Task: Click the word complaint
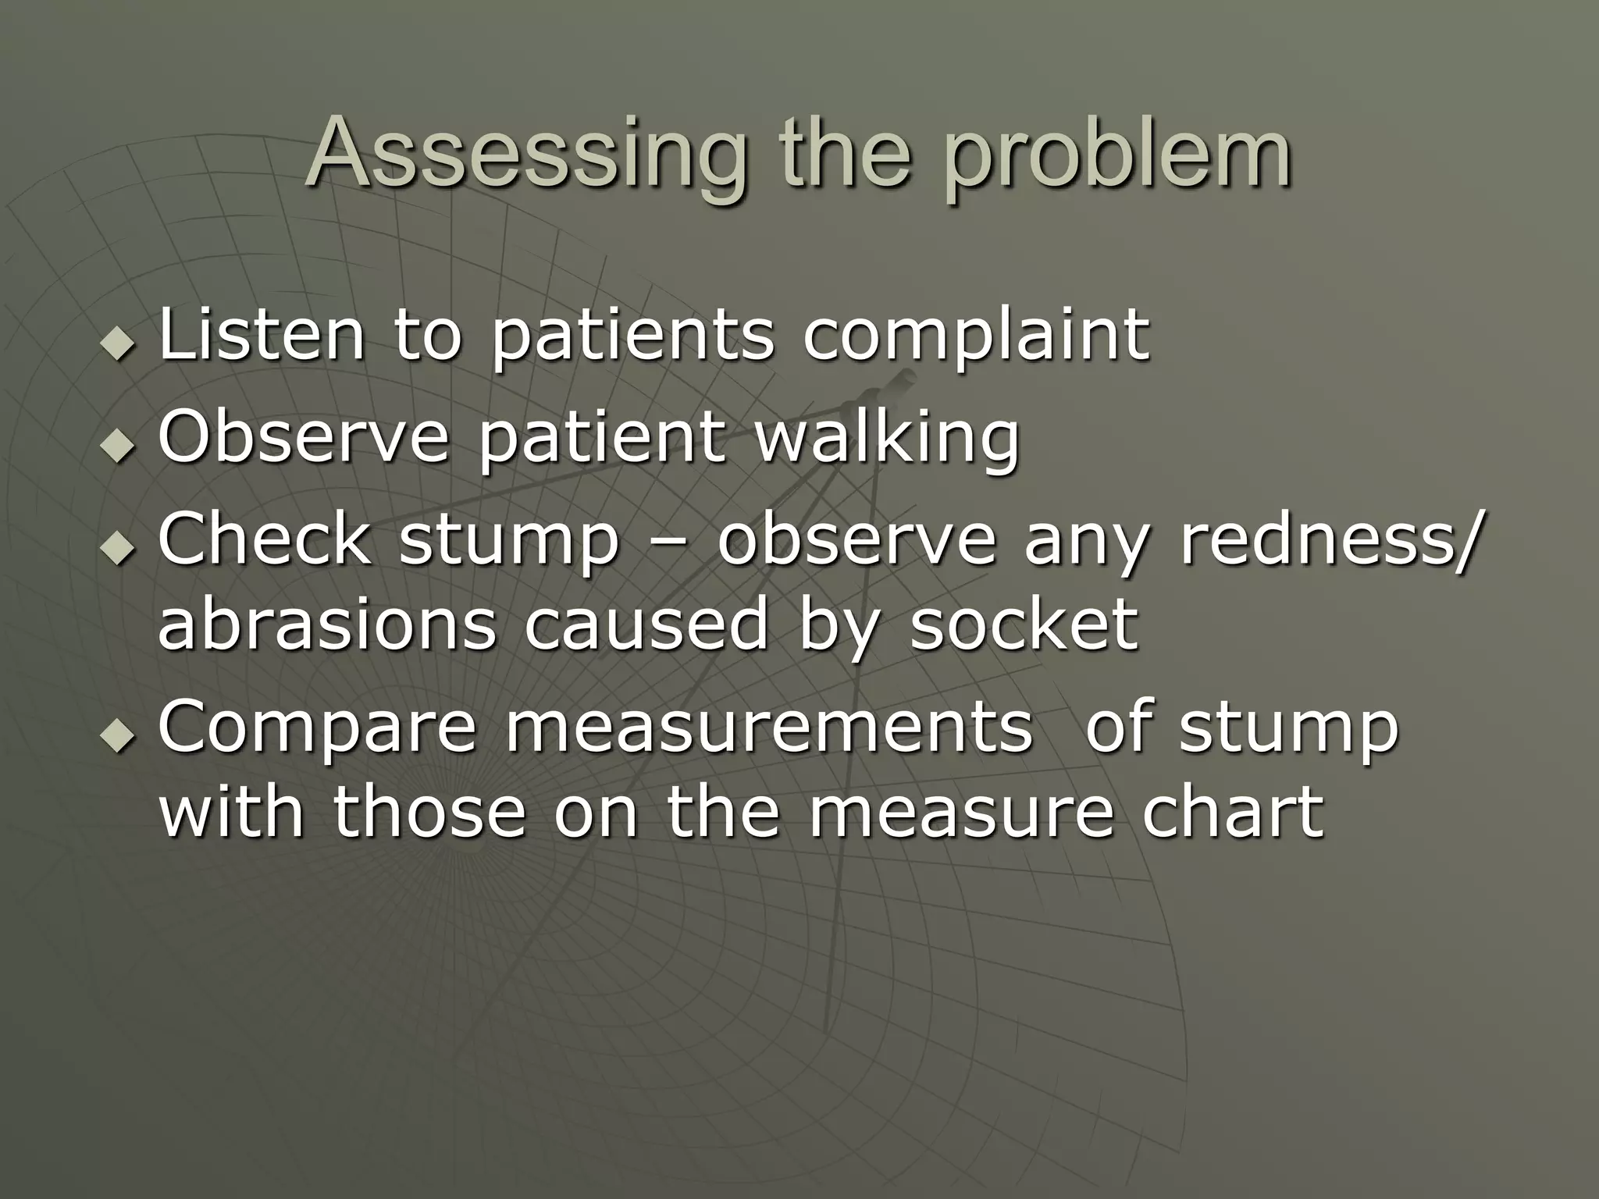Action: click(976, 337)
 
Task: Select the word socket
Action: click(1024, 624)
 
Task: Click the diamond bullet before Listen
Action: click(118, 343)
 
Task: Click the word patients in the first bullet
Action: click(633, 337)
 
